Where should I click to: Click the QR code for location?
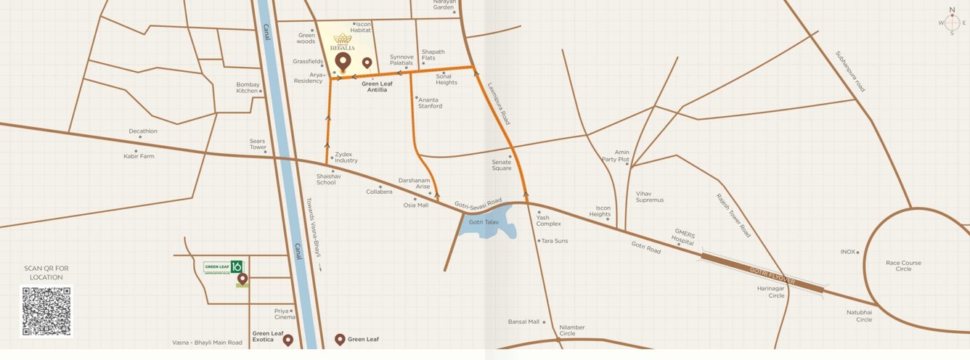(x=46, y=311)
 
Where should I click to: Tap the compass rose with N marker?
(x=952, y=22)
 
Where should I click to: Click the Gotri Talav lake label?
(x=484, y=221)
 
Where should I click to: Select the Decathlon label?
(x=143, y=131)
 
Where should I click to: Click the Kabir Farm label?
(x=139, y=156)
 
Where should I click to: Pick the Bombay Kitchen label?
(x=247, y=88)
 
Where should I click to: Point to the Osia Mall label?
(x=416, y=205)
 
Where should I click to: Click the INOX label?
(x=848, y=252)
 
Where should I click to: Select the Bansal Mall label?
(x=523, y=322)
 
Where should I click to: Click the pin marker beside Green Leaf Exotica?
(x=288, y=339)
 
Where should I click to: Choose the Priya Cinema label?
(x=285, y=314)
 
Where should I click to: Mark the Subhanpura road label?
(x=850, y=70)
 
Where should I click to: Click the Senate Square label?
(x=502, y=165)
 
